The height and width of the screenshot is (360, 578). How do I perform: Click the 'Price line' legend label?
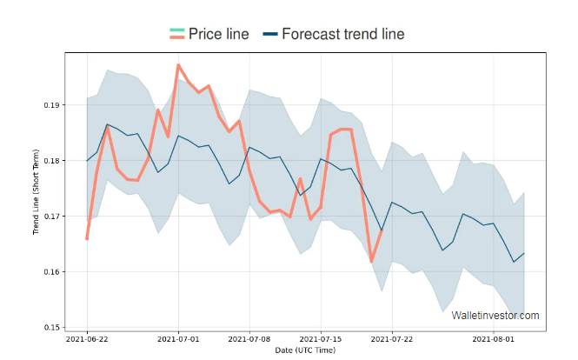tap(218, 34)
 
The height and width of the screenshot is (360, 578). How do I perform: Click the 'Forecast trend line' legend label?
tap(343, 34)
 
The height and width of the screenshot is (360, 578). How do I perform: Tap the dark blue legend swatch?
tap(270, 34)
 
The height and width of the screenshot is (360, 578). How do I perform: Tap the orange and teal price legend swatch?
tap(176, 34)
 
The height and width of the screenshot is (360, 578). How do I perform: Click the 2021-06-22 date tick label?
tap(87, 339)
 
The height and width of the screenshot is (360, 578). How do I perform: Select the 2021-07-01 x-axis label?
tap(179, 339)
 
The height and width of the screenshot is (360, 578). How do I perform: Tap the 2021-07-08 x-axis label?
tap(250, 339)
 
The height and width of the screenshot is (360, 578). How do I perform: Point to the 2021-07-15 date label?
tap(322, 339)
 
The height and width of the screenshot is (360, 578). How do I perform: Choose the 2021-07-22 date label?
tap(393, 339)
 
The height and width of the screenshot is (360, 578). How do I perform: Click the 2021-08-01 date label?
tap(495, 339)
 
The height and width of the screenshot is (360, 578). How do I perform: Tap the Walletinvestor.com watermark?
tap(495, 316)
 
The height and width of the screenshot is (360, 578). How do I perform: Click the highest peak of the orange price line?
tap(178, 65)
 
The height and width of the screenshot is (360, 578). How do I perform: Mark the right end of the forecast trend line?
tap(524, 253)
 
